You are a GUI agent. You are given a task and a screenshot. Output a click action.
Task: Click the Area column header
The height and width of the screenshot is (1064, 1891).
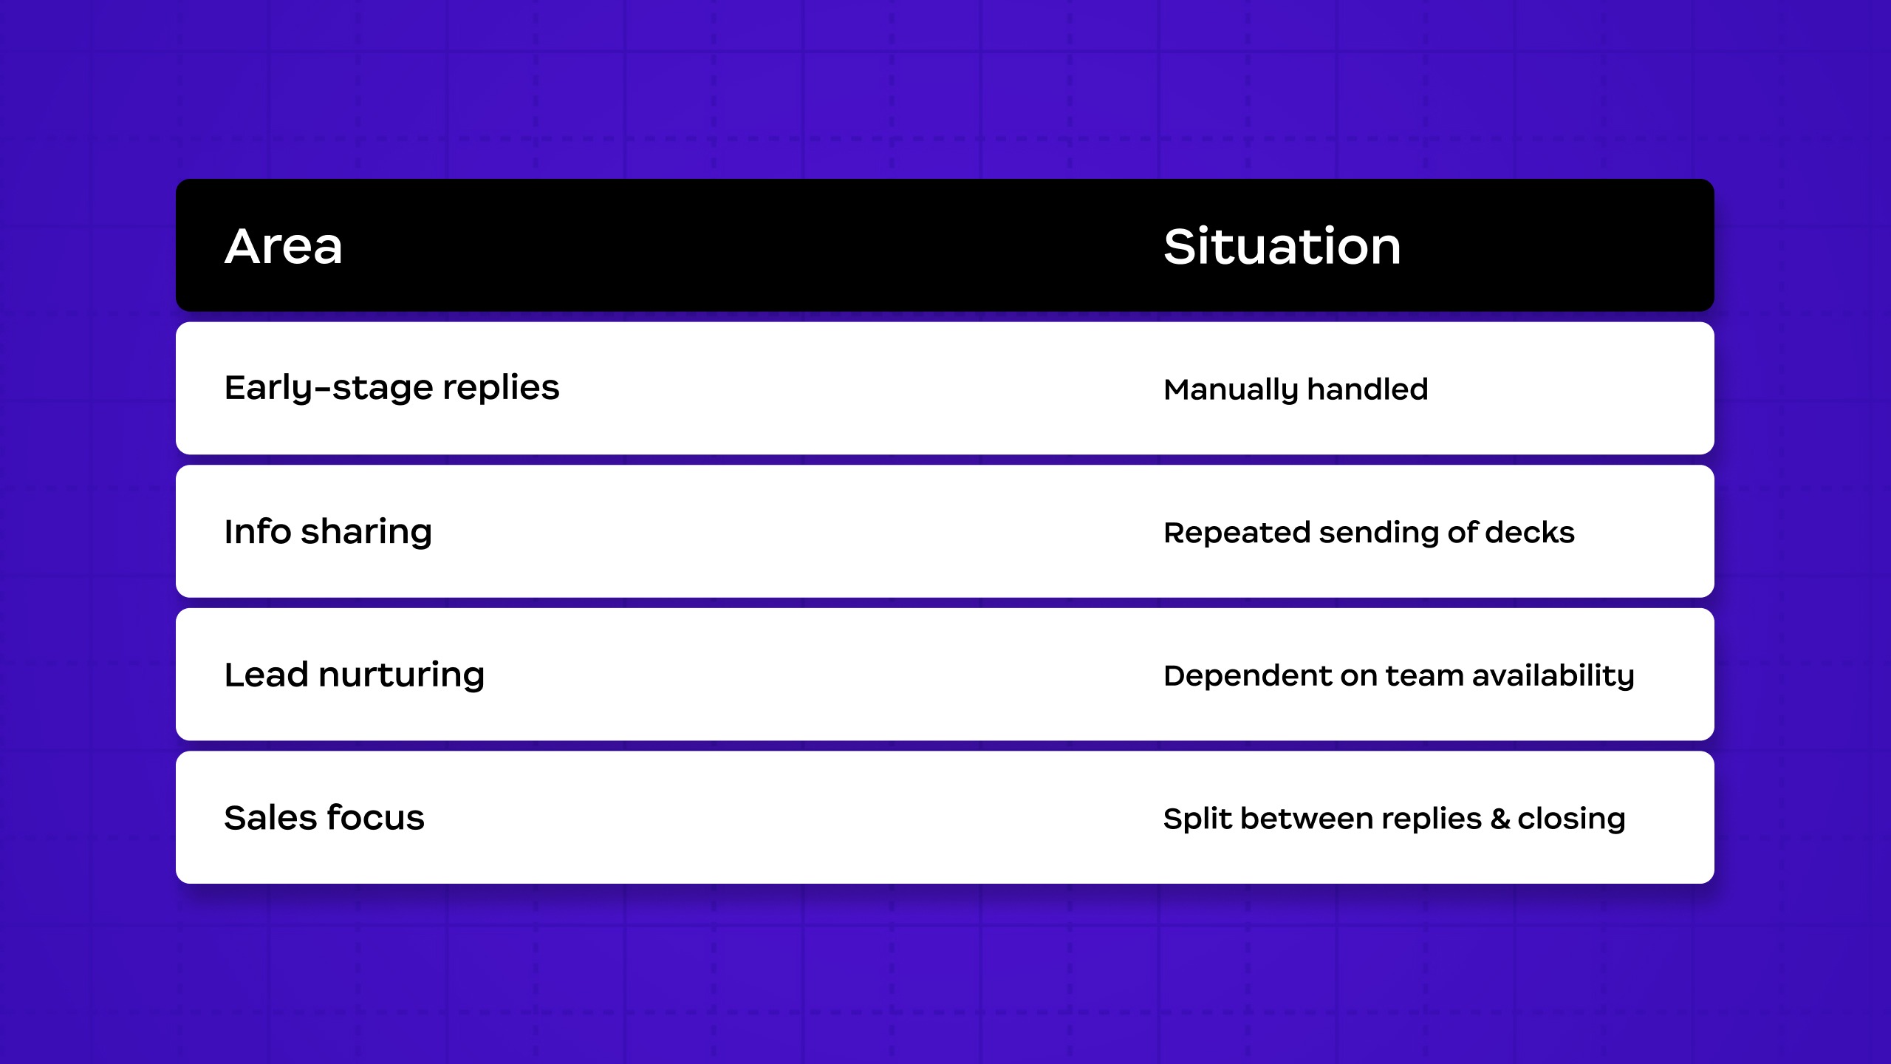284,246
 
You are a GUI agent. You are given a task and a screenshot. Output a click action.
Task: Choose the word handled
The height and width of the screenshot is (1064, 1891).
1368,389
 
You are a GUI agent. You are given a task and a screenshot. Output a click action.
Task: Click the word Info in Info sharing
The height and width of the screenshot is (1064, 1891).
258,531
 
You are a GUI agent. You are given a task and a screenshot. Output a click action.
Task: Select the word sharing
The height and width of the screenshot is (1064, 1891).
366,532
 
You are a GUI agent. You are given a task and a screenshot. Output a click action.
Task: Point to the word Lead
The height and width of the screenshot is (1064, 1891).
266,675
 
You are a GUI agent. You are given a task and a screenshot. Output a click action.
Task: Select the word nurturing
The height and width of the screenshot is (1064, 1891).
402,676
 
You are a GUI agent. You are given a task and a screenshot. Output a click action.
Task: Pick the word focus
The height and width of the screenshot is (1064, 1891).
376,817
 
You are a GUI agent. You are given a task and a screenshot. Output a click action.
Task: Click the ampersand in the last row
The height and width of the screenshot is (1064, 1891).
1500,819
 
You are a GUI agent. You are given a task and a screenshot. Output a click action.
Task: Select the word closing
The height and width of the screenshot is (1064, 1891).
1572,819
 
